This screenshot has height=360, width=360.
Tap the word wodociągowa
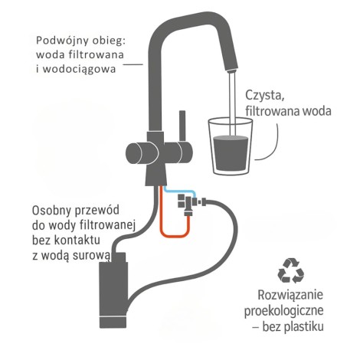click(96, 69)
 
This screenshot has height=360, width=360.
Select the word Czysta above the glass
click(266, 95)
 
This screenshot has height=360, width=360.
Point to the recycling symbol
click(291, 270)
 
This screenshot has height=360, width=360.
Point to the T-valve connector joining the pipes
click(184, 202)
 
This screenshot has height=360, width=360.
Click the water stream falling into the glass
click(231, 100)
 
